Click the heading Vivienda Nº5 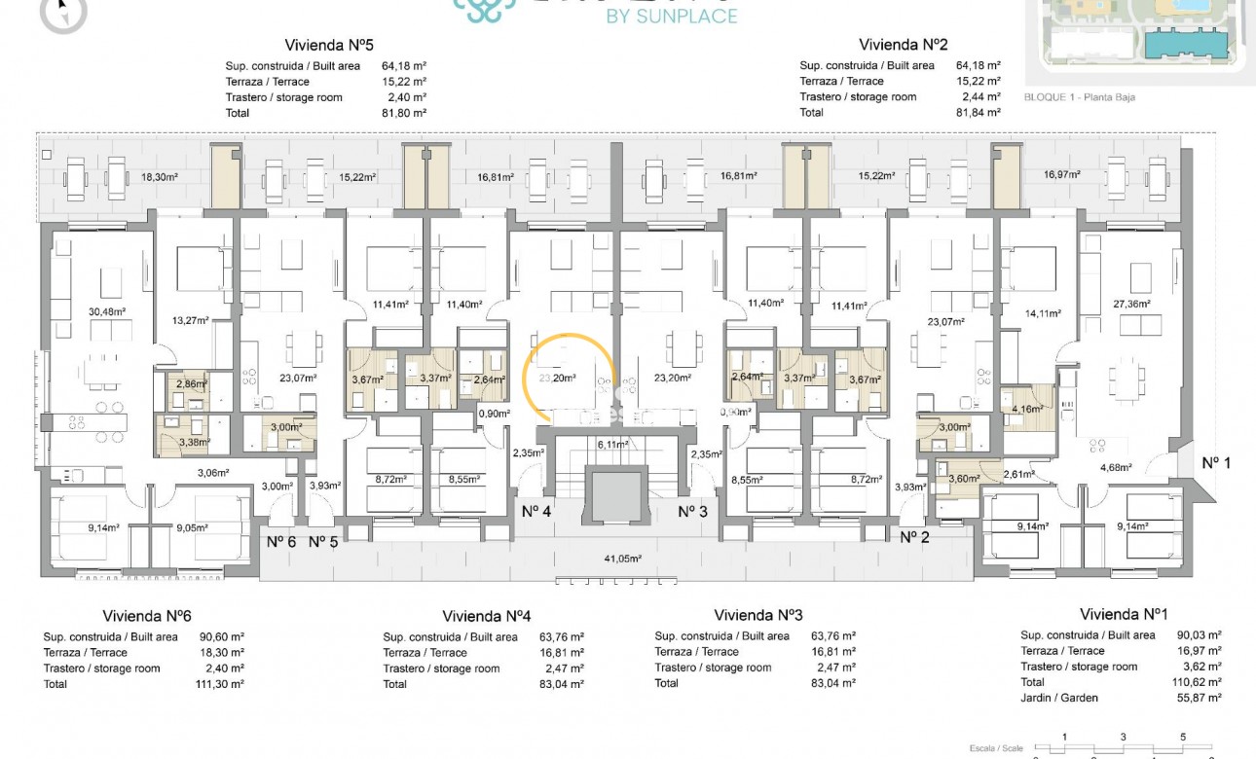[x=329, y=45]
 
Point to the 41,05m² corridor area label [x=624, y=559]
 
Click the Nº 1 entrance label [x=1216, y=463]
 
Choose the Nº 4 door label [x=537, y=511]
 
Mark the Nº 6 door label [x=281, y=542]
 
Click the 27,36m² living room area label [x=1131, y=305]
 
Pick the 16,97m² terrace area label [x=1062, y=175]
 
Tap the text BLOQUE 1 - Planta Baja [x=1079, y=97]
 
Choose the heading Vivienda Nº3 [x=757, y=615]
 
